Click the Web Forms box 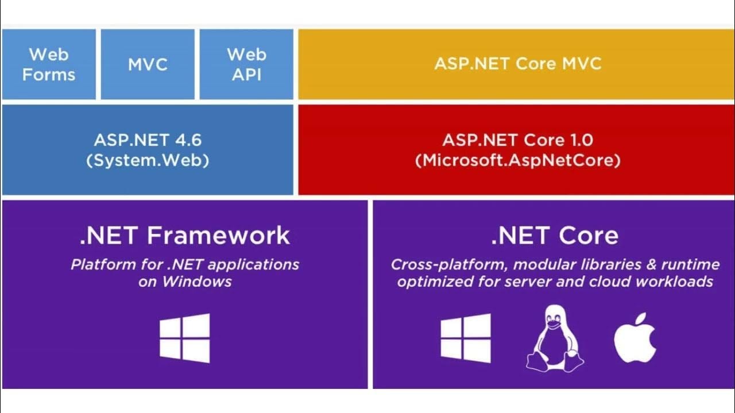point(49,64)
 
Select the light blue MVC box point(148,64)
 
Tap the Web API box point(246,64)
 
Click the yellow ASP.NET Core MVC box point(517,63)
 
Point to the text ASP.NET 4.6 point(148,140)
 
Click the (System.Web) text point(148,160)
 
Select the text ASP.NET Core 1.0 point(517,140)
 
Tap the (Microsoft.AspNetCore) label point(517,160)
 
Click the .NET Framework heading point(184,236)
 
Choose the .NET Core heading point(554,236)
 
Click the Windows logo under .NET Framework point(184,338)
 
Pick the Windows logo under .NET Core point(466,338)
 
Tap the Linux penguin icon point(555,337)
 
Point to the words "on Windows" point(184,282)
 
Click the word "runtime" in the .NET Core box point(690,264)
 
